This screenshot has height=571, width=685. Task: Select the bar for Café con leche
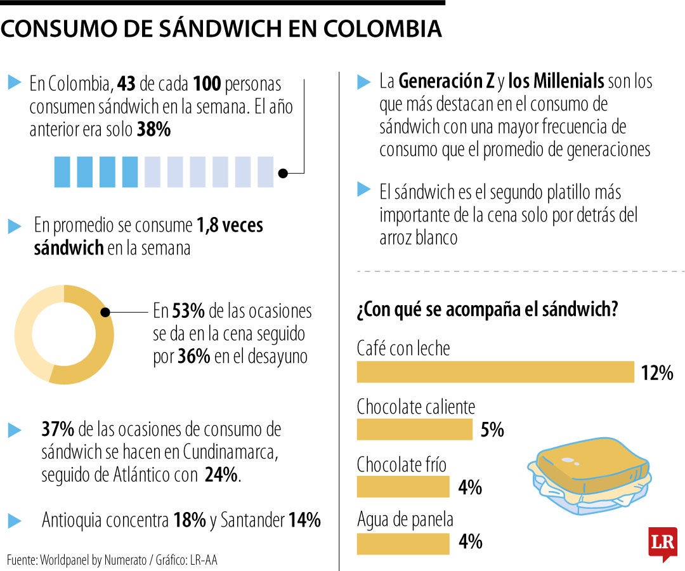495,372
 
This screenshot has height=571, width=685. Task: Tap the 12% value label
656,373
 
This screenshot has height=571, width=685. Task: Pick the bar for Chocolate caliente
414,430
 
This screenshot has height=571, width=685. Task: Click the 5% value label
492,430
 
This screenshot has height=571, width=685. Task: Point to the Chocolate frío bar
403,487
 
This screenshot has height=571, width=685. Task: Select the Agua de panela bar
403,543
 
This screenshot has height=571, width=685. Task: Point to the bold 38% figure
153,130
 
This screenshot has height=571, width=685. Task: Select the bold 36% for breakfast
193,357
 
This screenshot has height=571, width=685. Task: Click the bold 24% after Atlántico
221,475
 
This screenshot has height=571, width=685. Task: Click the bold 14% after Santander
304,521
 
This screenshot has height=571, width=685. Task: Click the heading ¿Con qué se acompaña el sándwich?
488,311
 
